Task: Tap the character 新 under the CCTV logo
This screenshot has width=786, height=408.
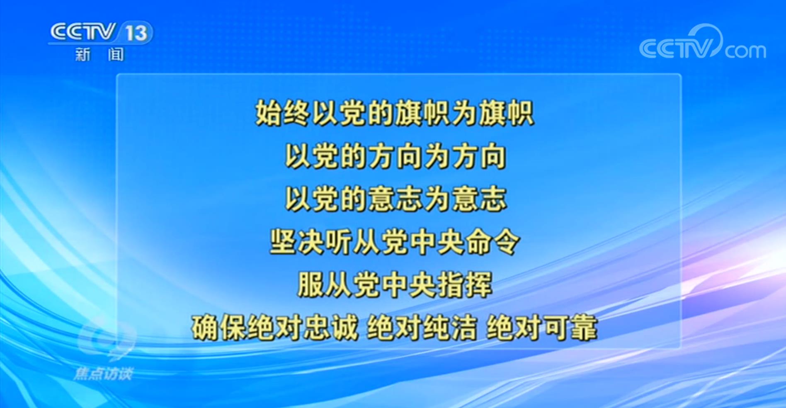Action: tap(82, 54)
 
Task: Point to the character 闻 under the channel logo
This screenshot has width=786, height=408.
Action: tap(116, 54)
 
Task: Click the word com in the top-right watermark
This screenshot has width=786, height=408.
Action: tap(745, 51)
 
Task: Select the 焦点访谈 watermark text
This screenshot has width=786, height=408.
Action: tap(103, 374)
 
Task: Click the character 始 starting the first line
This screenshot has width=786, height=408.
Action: tap(269, 113)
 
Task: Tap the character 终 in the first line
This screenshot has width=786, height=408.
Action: tap(297, 113)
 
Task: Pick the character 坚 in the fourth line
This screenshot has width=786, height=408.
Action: tap(283, 242)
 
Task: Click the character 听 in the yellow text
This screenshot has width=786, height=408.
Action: tap(339, 242)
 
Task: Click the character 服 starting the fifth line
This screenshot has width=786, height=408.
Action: tap(311, 285)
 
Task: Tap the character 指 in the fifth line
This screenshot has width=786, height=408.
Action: tap(450, 285)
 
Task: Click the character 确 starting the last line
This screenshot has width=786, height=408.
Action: tap(205, 328)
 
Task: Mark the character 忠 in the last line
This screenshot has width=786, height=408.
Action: tap(317, 328)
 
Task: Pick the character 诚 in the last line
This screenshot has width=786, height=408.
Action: tap(344, 328)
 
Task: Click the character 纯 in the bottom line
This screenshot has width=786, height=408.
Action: tap(436, 328)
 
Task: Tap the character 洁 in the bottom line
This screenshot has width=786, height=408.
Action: tap(463, 328)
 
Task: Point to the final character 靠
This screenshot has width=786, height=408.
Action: tap(583, 328)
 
